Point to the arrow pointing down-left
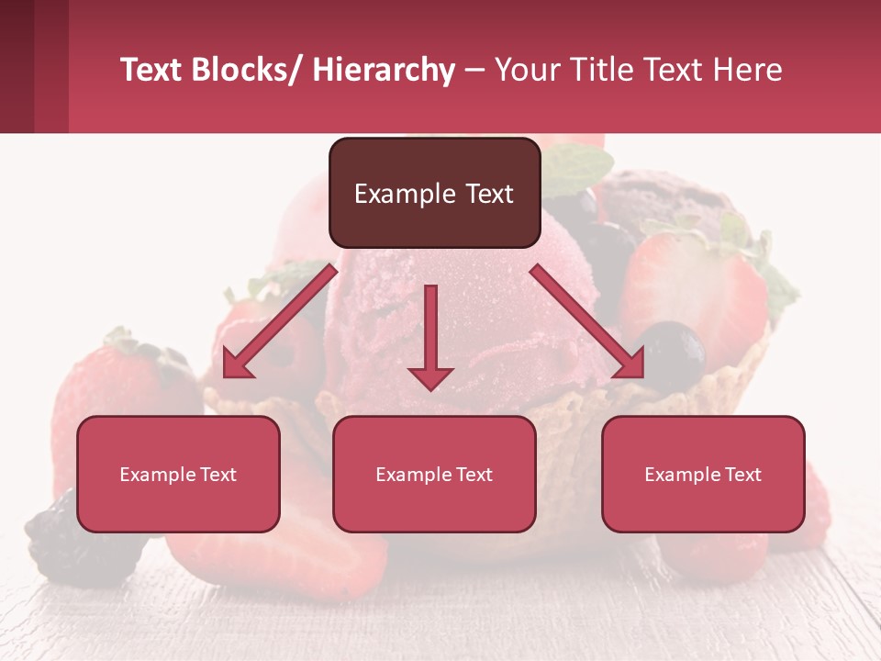click(279, 320)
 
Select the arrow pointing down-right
click(587, 320)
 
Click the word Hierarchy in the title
click(384, 70)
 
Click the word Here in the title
click(744, 70)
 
